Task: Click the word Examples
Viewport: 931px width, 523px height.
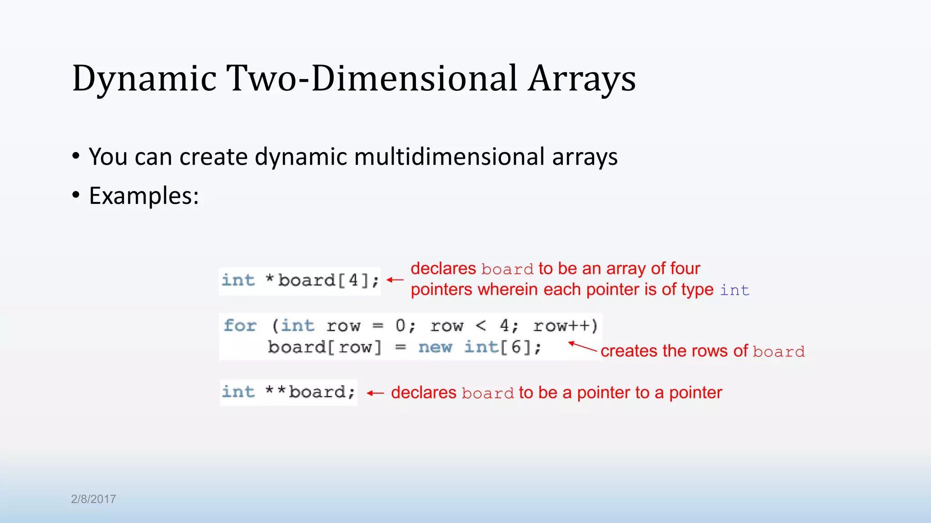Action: tap(144, 196)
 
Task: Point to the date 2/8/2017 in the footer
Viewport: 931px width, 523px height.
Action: tap(93, 499)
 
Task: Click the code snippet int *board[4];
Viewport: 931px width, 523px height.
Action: tap(300, 281)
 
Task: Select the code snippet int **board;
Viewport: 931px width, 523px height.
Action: tap(288, 392)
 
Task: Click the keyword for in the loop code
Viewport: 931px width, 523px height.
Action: tap(240, 326)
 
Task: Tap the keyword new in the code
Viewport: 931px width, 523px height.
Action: tap(435, 347)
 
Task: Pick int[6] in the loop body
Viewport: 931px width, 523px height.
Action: tap(497, 347)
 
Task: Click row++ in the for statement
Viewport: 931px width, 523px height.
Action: tap(565, 326)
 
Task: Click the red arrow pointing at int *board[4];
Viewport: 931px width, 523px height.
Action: tap(395, 280)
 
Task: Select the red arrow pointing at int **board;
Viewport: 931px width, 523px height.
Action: tap(375, 393)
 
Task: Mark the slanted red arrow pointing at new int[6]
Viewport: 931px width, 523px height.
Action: tap(582, 347)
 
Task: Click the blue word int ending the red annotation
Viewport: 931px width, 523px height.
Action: tap(734, 290)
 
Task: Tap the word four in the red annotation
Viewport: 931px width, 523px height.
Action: tap(685, 269)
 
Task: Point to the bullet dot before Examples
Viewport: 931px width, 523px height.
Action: tap(76, 196)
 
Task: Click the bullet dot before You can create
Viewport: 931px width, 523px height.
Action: tap(76, 157)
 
